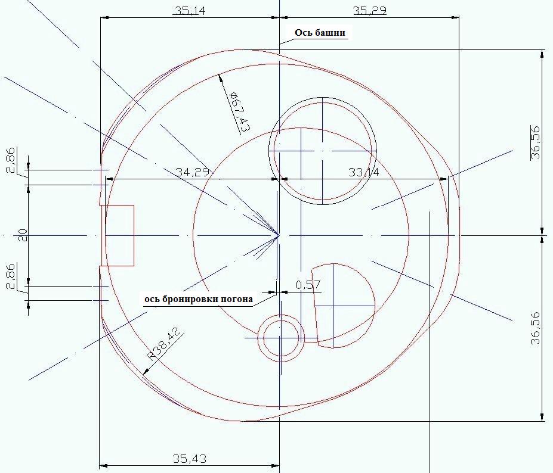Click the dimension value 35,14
pos(190,11)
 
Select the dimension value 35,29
pos(370,11)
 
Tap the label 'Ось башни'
pos(320,33)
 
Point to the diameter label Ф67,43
pos(239,112)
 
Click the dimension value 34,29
pos(193,172)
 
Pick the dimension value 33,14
pos(364,172)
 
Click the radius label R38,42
pos(165,344)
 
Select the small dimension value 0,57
pos(308,285)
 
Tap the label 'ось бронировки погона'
pos(199,299)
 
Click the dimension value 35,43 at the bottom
pos(189,459)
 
